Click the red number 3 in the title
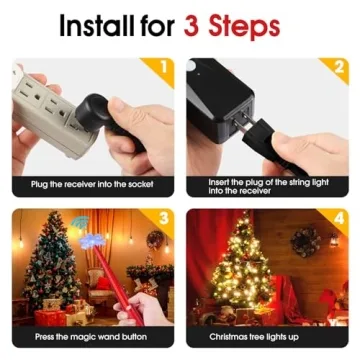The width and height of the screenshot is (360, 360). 193,24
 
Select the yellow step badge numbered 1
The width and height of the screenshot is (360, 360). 164,68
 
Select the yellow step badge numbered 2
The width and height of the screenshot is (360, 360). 339,68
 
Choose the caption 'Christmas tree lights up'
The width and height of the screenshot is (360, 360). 267,337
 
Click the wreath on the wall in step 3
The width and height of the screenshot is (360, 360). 155,240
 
